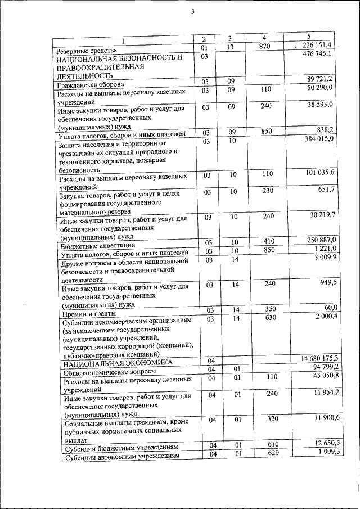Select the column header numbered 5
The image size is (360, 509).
coord(309,37)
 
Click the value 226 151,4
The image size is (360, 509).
coord(318,45)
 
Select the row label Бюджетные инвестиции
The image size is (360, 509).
coord(97,246)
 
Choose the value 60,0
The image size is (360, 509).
coord(328,308)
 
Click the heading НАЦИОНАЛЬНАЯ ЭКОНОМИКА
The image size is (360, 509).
coord(119,364)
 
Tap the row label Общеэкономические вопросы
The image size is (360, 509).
coord(110,372)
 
